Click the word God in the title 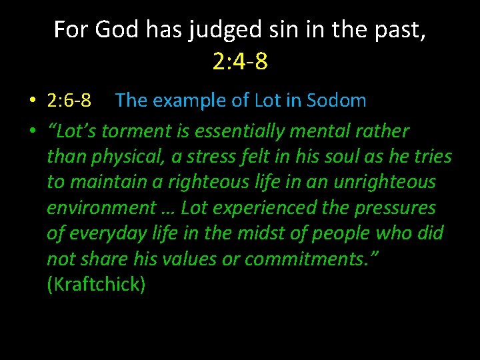[109, 30]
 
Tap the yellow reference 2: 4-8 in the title [240, 61]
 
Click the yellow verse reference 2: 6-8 [69, 101]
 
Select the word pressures [395, 208]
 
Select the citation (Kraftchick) [96, 285]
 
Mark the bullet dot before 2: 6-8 [32, 101]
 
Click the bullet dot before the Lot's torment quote [32, 131]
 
